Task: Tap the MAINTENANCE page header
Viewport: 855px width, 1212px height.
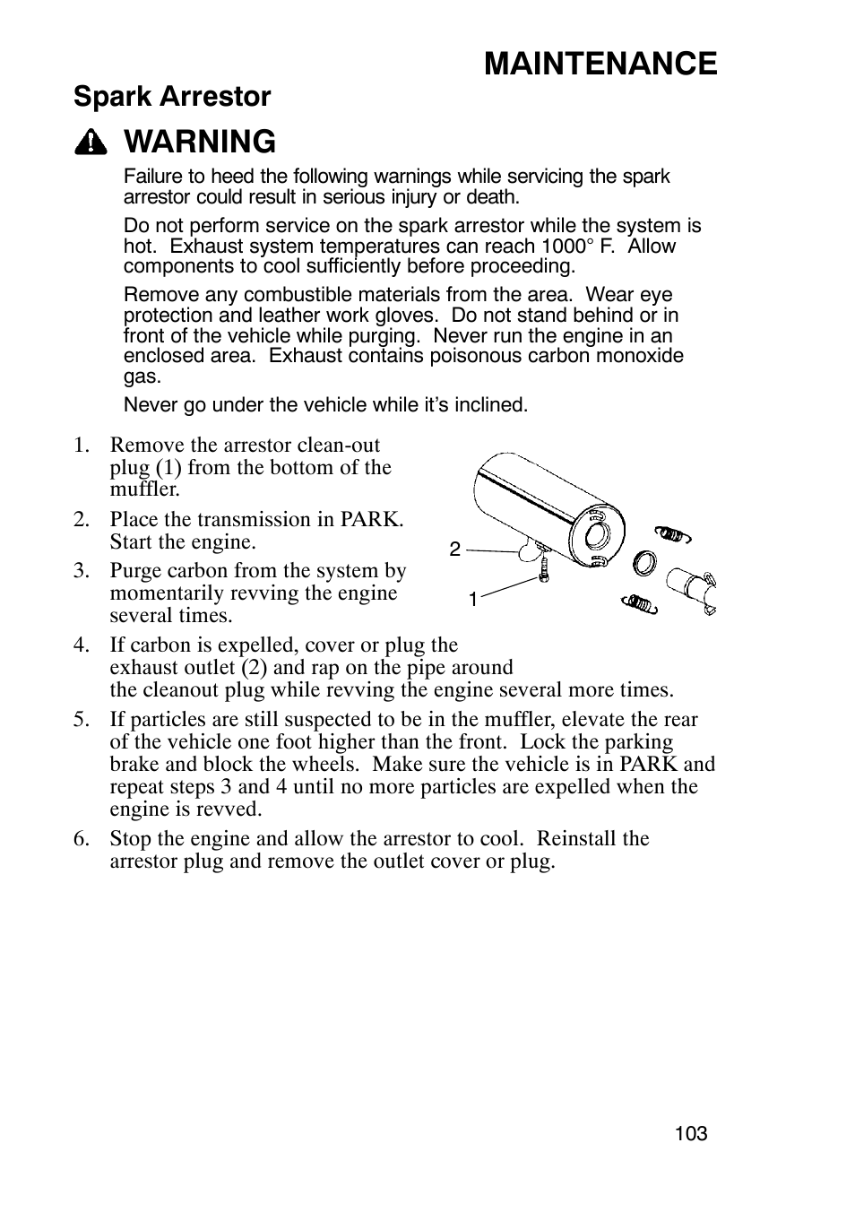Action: (x=600, y=63)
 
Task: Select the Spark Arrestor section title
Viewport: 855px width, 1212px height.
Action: (x=172, y=97)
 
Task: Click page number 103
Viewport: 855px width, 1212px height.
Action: (x=691, y=1134)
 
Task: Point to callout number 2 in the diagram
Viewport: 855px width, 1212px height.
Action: (x=455, y=550)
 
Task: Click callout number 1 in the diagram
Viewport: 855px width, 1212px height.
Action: (x=472, y=599)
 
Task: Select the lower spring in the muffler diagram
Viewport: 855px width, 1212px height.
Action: (x=640, y=603)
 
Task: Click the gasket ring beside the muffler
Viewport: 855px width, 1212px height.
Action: (x=644, y=564)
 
